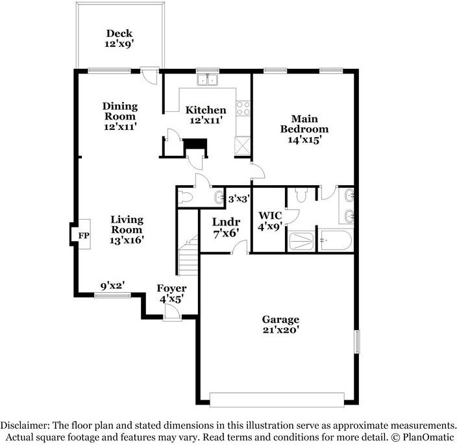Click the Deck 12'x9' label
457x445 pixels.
pos(119,38)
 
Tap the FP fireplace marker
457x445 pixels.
pos(84,235)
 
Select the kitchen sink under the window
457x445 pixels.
pos(207,80)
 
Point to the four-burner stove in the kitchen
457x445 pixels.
pos(243,108)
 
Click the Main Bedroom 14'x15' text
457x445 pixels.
pos(304,129)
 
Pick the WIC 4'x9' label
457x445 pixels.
pos(270,221)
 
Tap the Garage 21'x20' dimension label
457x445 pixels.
pos(280,324)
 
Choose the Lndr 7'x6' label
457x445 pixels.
pos(226,228)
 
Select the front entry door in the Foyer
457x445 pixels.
pos(172,312)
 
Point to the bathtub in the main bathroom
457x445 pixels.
pos(335,240)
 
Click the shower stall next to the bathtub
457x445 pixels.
pos(301,241)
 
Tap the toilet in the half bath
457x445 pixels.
pos(186,197)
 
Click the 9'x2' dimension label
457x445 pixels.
pos(113,286)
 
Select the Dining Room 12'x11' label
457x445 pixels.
pos(120,116)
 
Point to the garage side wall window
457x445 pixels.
pos(357,342)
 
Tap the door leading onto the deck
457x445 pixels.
pos(149,76)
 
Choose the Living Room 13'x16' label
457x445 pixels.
pos(127,229)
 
